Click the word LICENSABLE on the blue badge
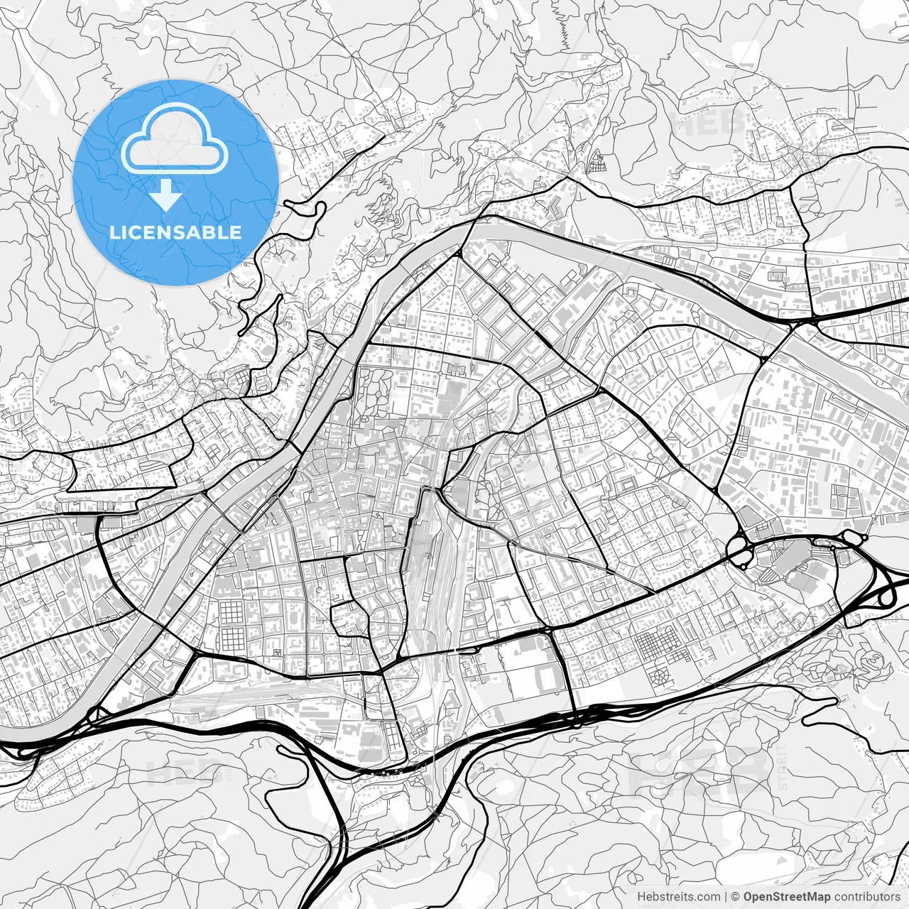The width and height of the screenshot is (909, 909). point(175,232)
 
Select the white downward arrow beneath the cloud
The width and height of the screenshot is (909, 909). point(166,194)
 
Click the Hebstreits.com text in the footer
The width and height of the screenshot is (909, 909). point(678,897)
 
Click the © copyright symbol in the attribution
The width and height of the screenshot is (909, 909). point(736,897)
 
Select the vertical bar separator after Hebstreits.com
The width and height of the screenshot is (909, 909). point(725,897)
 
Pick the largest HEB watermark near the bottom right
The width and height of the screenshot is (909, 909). point(700,771)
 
